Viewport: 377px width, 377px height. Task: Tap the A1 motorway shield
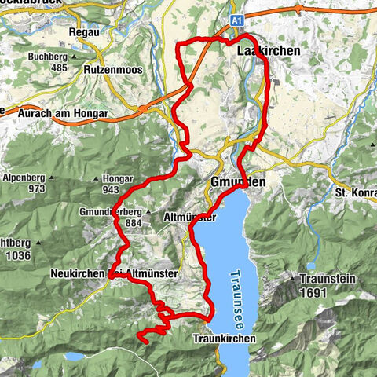point(238,16)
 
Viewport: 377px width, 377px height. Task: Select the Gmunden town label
point(238,182)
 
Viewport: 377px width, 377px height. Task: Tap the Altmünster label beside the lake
point(190,217)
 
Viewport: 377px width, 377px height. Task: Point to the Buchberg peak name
point(48,57)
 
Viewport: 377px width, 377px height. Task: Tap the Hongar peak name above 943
point(120,179)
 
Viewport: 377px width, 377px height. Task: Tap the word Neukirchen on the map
point(75,273)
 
